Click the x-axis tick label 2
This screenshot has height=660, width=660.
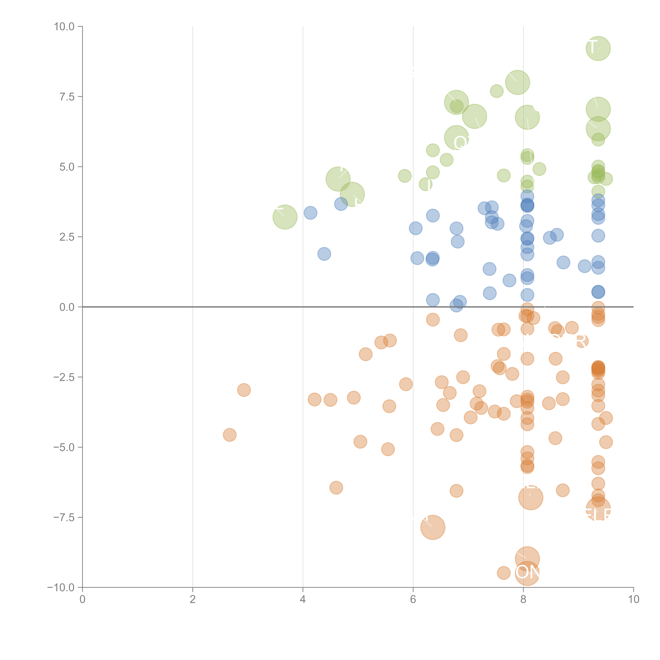point(193,599)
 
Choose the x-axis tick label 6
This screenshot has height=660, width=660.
point(413,599)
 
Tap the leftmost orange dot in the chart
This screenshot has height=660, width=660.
point(230,435)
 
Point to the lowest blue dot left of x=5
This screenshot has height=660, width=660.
point(324,254)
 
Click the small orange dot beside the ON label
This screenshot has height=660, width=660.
point(504,573)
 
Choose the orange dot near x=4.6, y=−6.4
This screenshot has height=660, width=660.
point(336,487)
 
